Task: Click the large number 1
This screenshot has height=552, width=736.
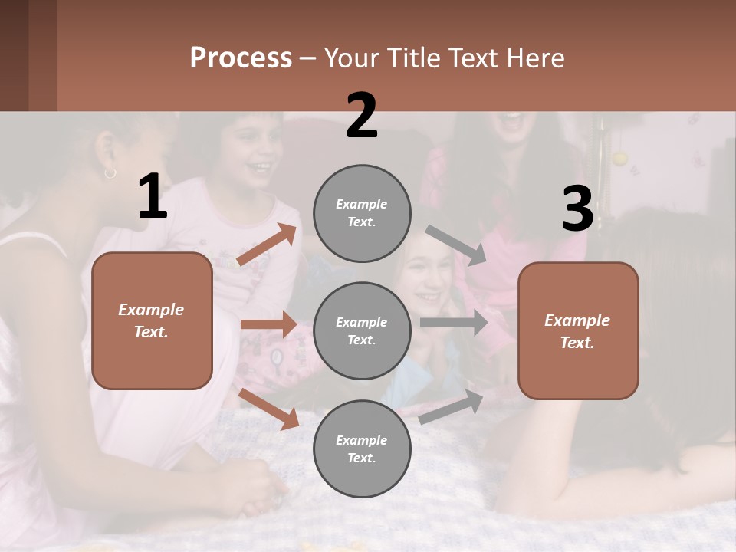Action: (153, 197)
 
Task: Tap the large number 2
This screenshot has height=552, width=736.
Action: (362, 116)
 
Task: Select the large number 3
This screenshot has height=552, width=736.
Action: (577, 209)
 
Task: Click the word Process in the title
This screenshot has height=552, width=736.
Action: (241, 58)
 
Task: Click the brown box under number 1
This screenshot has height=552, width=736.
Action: (152, 320)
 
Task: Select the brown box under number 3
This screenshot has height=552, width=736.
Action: (578, 330)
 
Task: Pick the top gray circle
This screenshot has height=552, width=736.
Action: (362, 213)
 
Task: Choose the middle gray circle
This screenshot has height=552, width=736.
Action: (362, 330)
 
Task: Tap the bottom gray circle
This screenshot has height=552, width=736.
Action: (362, 449)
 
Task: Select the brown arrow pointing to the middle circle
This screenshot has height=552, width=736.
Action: (268, 324)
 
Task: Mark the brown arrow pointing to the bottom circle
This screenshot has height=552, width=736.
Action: (269, 408)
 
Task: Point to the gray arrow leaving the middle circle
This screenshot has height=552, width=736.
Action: (453, 323)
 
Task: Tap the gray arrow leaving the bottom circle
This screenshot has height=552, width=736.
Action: (452, 406)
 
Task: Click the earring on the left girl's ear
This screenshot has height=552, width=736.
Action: (110, 172)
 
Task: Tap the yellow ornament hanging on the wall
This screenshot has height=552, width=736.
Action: (619, 159)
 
